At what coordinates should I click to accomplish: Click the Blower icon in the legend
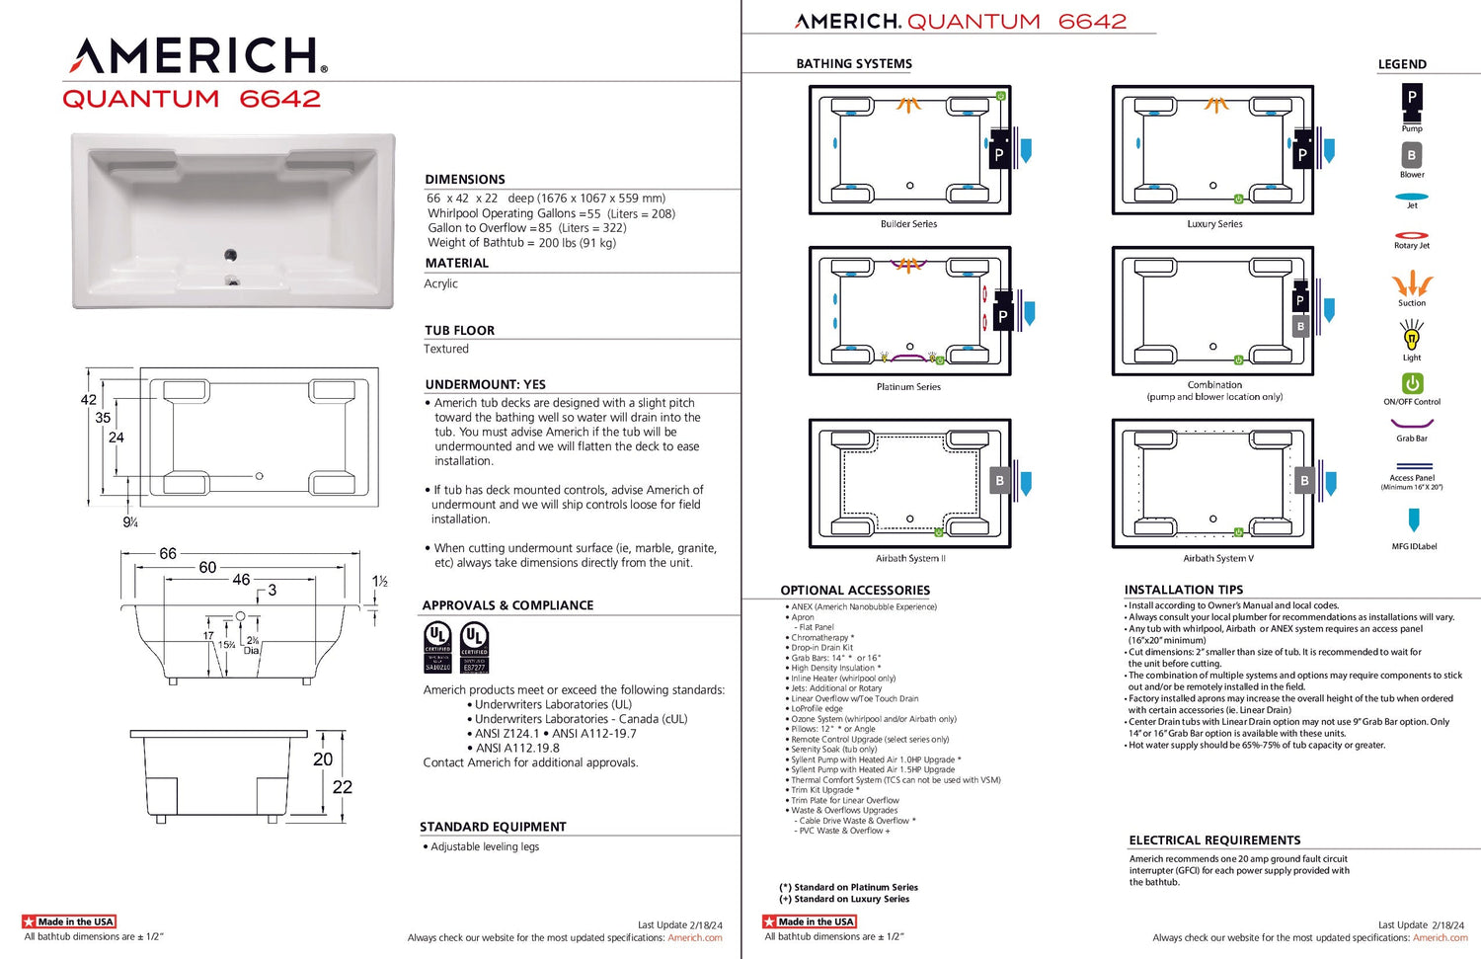[x=1412, y=156]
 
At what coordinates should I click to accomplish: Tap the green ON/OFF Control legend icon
[x=1412, y=383]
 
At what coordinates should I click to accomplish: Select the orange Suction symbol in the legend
[x=1412, y=284]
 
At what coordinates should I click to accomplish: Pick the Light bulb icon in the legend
[x=1412, y=337]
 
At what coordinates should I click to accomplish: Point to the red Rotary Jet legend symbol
[x=1412, y=235]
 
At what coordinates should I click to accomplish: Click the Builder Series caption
[x=908, y=224]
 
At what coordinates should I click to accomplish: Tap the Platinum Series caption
[x=908, y=387]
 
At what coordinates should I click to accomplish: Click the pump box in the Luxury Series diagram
[x=1302, y=153]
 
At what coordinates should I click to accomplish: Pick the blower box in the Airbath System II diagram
[x=999, y=481]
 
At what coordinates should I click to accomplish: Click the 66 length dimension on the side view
[x=168, y=554]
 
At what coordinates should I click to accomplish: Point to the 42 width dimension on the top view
[x=89, y=400]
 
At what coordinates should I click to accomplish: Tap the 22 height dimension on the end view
[x=343, y=787]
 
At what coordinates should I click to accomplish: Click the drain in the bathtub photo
[x=231, y=256]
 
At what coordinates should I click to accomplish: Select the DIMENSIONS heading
[x=465, y=180]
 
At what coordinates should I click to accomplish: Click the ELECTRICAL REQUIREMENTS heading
[x=1214, y=840]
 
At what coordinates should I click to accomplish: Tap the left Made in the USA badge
[x=69, y=921]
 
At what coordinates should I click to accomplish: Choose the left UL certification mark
[x=437, y=647]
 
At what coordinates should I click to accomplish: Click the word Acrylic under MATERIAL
[x=441, y=283]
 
